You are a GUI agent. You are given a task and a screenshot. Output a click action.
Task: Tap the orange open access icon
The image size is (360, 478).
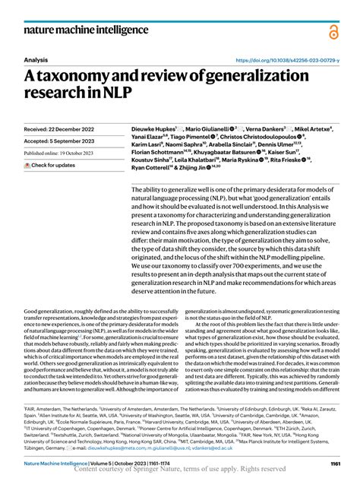point(334,31)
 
